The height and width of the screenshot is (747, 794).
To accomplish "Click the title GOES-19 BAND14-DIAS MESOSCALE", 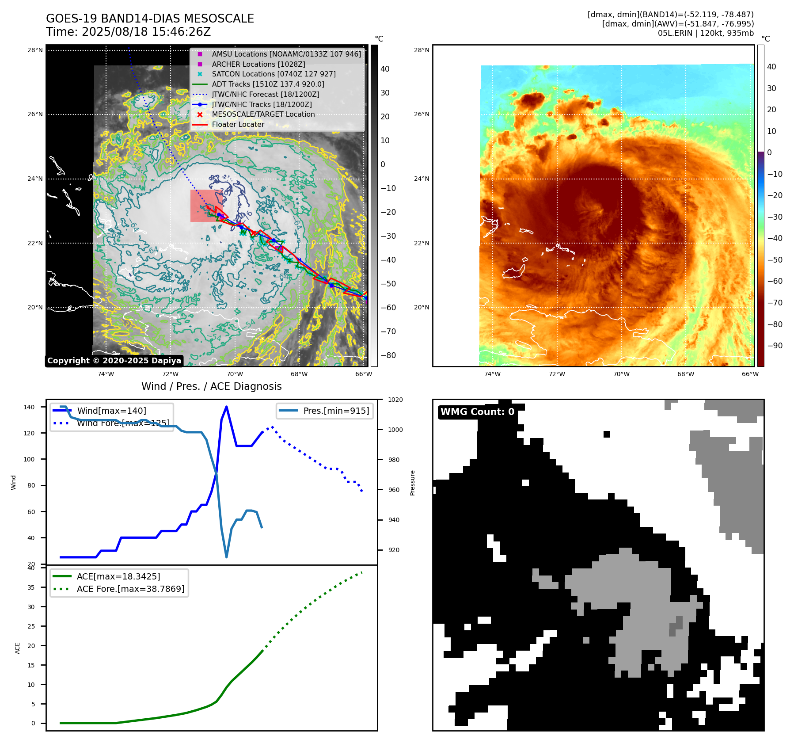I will [150, 19].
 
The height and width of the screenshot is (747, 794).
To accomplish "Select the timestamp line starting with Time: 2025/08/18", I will [128, 32].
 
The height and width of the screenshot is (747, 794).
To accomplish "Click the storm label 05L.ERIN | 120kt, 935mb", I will [705, 33].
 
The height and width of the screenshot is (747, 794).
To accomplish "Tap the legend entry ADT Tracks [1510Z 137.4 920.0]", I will [268, 84].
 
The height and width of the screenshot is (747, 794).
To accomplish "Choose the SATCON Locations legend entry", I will [274, 74].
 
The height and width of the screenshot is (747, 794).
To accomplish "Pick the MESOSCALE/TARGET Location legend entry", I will [263, 114].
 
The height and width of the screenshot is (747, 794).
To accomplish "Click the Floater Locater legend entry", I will [238, 124].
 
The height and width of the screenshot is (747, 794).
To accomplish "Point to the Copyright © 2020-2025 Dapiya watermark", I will [114, 361].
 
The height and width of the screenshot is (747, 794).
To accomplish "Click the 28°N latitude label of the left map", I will [35, 50].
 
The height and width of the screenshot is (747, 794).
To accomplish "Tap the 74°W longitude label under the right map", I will [492, 374].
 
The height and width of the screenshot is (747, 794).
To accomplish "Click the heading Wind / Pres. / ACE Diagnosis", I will [211, 386].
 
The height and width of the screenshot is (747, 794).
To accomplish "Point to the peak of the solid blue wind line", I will [226, 407].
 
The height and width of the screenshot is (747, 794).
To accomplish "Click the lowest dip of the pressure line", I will [227, 557].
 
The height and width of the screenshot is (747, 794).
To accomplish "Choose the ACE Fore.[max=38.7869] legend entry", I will [130, 589].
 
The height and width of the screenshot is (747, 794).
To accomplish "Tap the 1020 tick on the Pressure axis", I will [395, 400].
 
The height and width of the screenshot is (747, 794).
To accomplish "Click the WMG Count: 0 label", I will [477, 412].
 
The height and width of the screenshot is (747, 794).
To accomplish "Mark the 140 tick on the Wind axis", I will [29, 407].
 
